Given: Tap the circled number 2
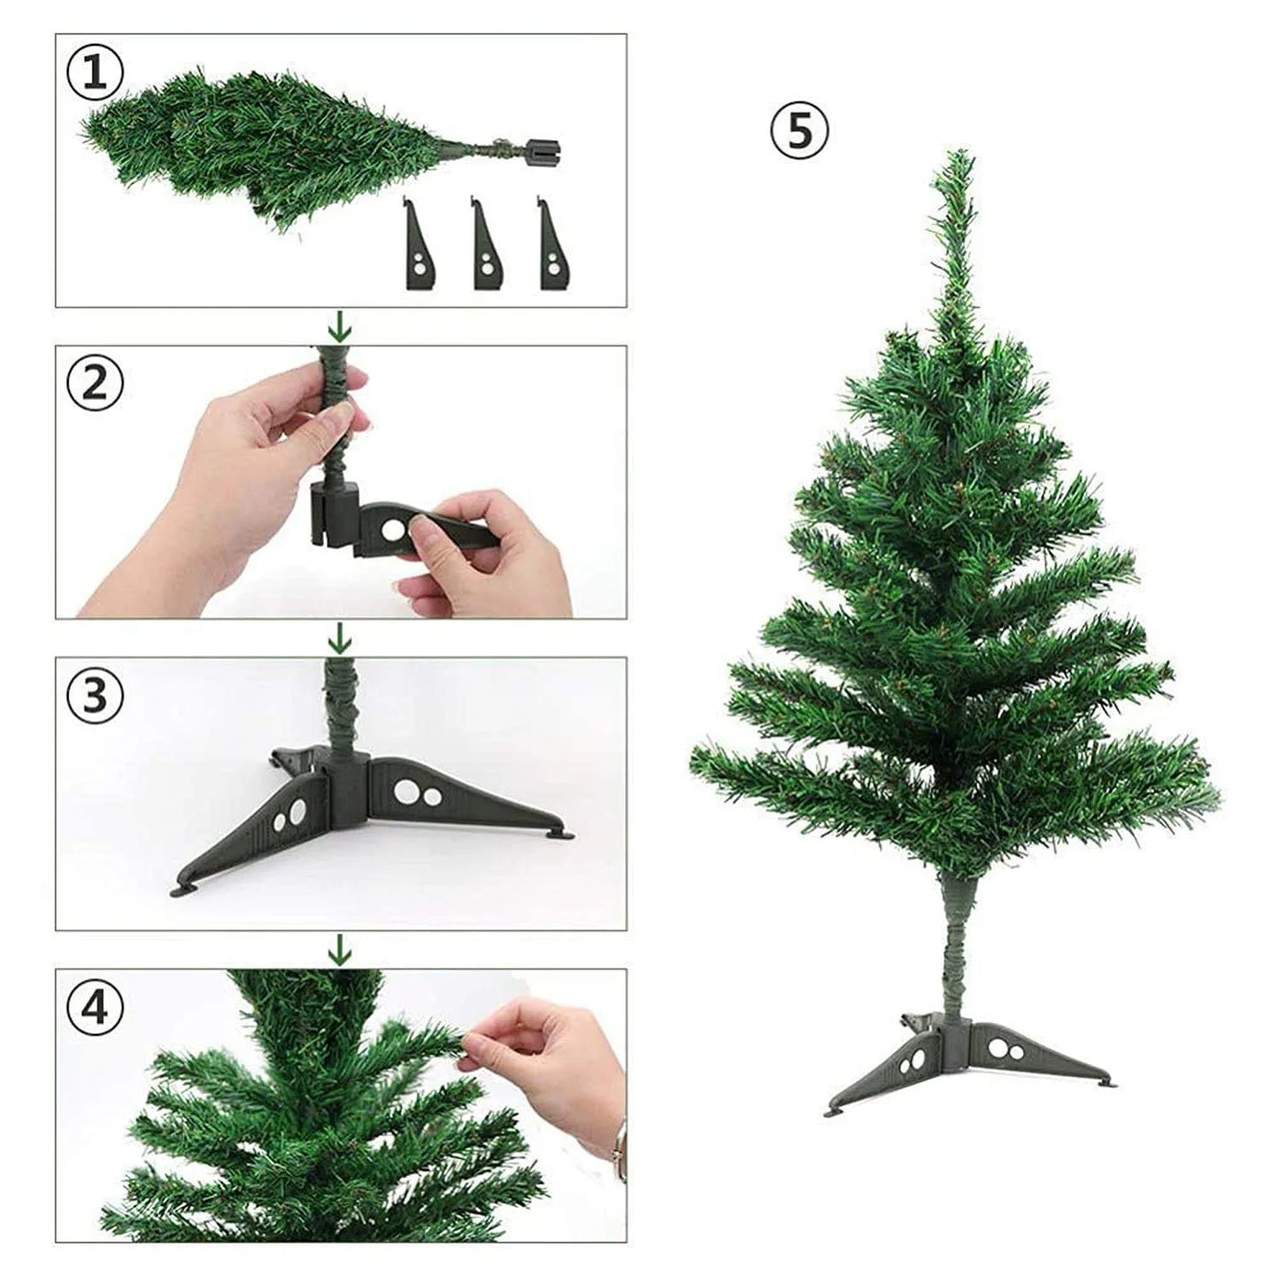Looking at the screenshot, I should pyautogui.click(x=96, y=382).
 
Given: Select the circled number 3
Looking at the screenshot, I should pyautogui.click(x=96, y=694).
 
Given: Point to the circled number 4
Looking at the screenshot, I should pyautogui.click(x=96, y=1005).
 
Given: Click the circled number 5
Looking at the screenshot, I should pyautogui.click(x=799, y=131).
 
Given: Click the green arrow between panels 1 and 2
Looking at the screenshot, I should pyautogui.click(x=339, y=329).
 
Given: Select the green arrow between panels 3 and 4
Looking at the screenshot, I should pyautogui.click(x=339, y=951).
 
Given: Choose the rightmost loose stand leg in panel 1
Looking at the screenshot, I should pyautogui.click(x=551, y=244).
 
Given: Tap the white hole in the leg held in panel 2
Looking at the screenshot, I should pyautogui.click(x=390, y=529).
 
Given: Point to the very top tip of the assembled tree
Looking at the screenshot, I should pyautogui.click(x=958, y=154).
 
